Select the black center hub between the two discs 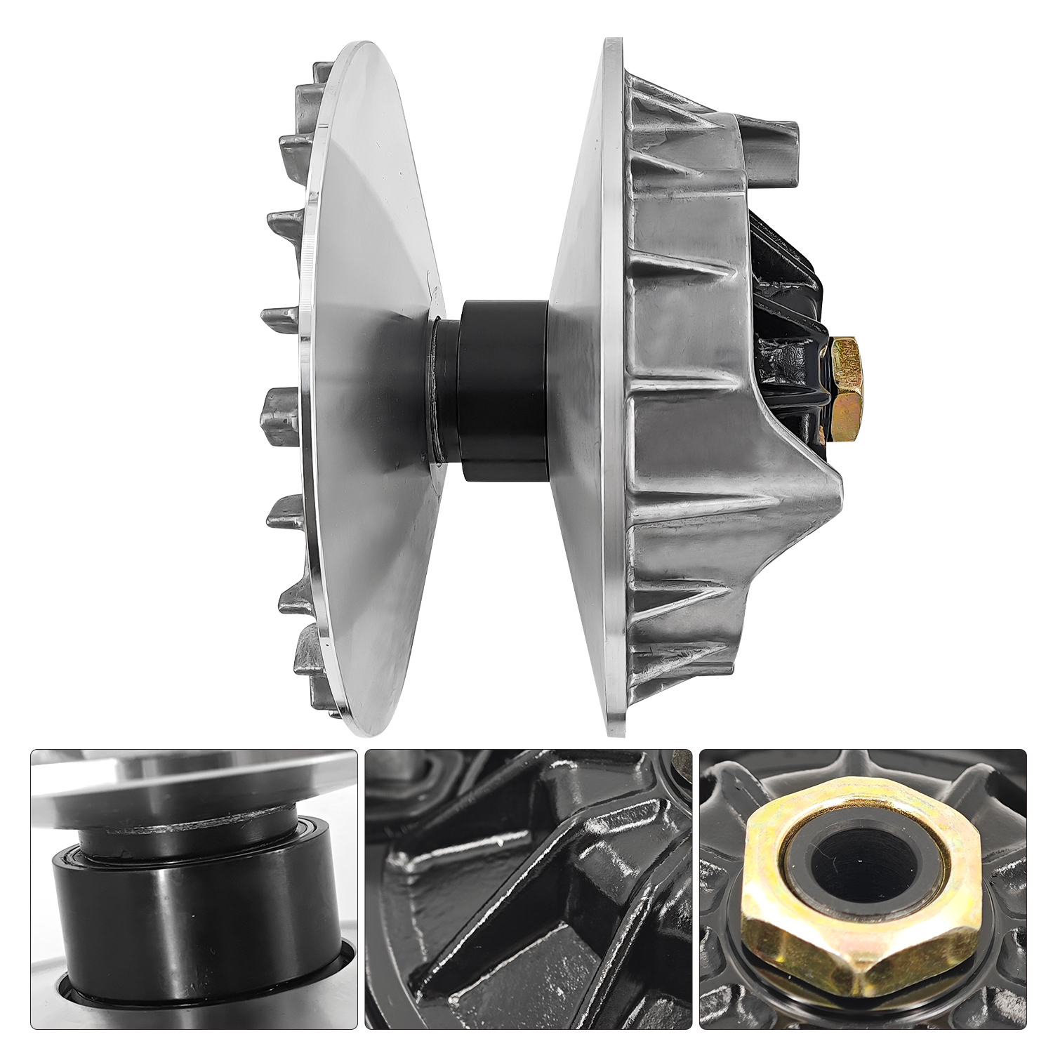(502, 390)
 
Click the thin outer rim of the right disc (614, 393)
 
